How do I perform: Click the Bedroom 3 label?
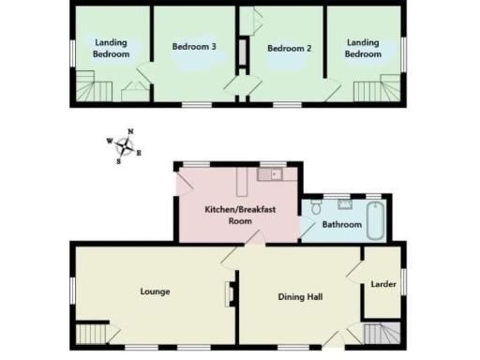[194, 46]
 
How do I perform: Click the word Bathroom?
[341, 225]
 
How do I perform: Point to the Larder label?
[382, 283]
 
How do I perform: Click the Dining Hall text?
[301, 297]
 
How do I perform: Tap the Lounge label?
[155, 292]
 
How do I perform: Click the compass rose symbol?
[125, 145]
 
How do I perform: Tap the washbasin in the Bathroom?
[345, 201]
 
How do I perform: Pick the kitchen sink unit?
[275, 173]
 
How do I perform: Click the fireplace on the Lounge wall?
[229, 295]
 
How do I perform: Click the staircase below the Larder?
[381, 334]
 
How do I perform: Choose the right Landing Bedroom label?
[364, 48]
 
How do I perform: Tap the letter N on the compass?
[130, 132]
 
